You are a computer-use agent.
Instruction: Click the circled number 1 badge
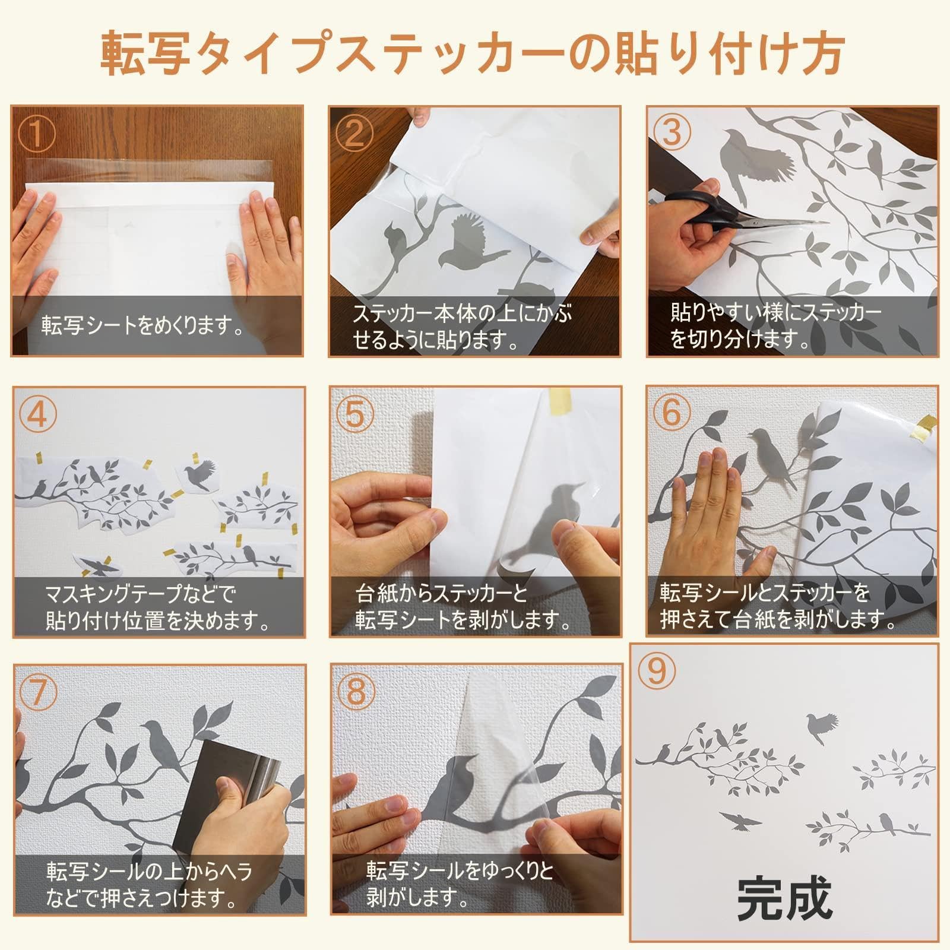(x=37, y=135)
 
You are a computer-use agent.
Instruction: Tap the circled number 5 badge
(x=354, y=414)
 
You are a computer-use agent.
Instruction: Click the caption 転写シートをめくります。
(x=142, y=326)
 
